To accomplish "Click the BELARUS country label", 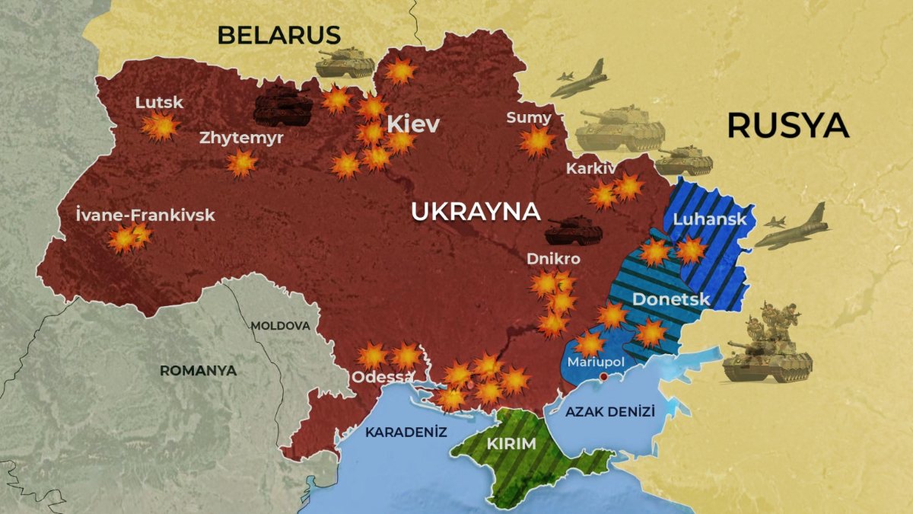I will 278,35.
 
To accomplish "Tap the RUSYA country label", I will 787,126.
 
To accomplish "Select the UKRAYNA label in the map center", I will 476,212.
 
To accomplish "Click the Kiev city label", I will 413,124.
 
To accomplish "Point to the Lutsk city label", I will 159,102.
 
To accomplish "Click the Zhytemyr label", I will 241,138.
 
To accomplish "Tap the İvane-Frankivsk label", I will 145,215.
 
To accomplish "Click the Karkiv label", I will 590,168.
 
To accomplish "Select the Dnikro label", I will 553,259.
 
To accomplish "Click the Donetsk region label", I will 671,299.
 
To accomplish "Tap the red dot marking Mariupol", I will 603,376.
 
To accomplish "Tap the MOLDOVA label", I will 280,326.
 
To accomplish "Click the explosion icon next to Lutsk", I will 161,126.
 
